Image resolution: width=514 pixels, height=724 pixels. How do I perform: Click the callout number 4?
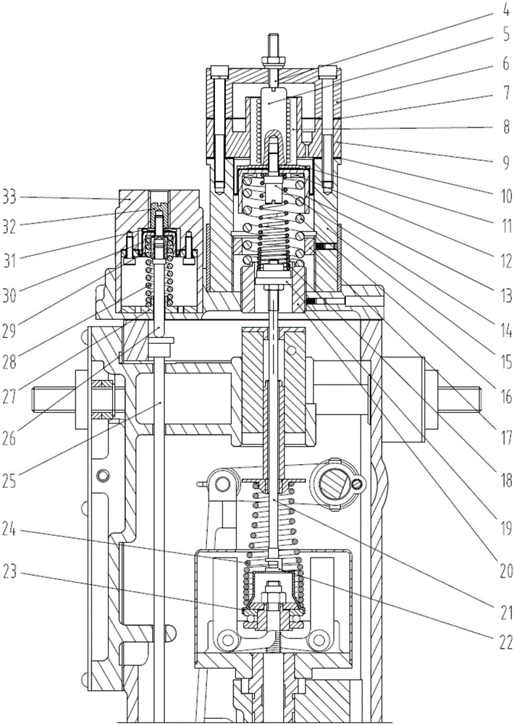(505, 10)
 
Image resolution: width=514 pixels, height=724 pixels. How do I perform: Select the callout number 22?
(505, 641)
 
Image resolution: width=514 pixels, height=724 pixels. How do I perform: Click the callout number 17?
(505, 437)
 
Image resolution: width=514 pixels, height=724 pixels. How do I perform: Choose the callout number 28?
(9, 361)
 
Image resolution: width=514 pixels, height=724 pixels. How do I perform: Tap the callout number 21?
(505, 612)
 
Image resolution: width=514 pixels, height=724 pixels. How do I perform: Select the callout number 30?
(9, 295)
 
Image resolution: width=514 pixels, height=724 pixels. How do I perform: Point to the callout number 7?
(505, 95)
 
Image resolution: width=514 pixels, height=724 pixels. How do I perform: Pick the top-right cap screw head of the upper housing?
(327, 72)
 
